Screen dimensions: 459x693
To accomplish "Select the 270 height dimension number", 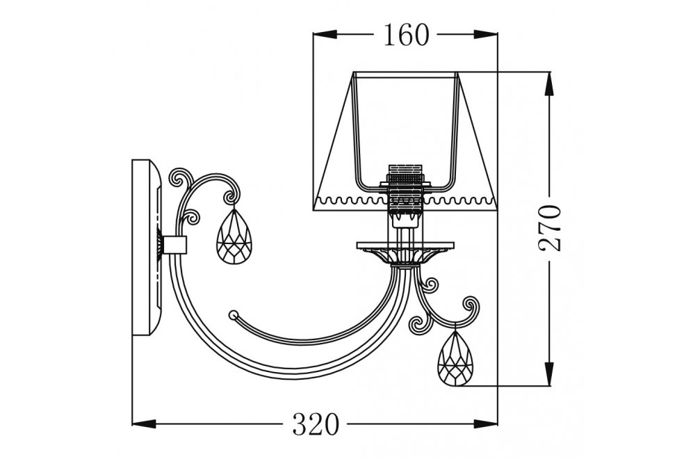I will point(551,227).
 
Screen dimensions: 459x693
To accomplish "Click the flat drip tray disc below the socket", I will point(405,246).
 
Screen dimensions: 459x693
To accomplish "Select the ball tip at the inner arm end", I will point(234,314).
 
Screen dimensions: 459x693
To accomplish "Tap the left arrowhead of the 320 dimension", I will point(142,423).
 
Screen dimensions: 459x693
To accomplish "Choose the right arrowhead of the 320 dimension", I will point(488,423).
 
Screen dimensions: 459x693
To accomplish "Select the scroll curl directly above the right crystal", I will point(471,307).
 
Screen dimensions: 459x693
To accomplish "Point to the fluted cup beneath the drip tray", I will point(405,258).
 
